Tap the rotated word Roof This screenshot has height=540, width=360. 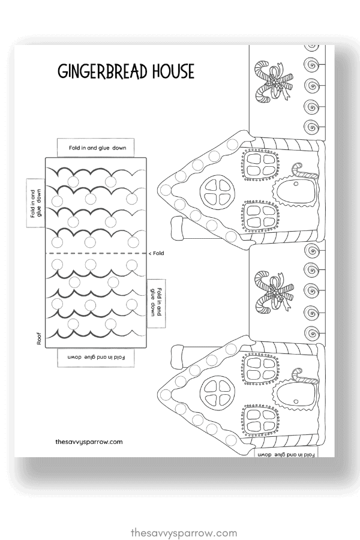click(38, 341)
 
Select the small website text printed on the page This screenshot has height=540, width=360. click(88, 441)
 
